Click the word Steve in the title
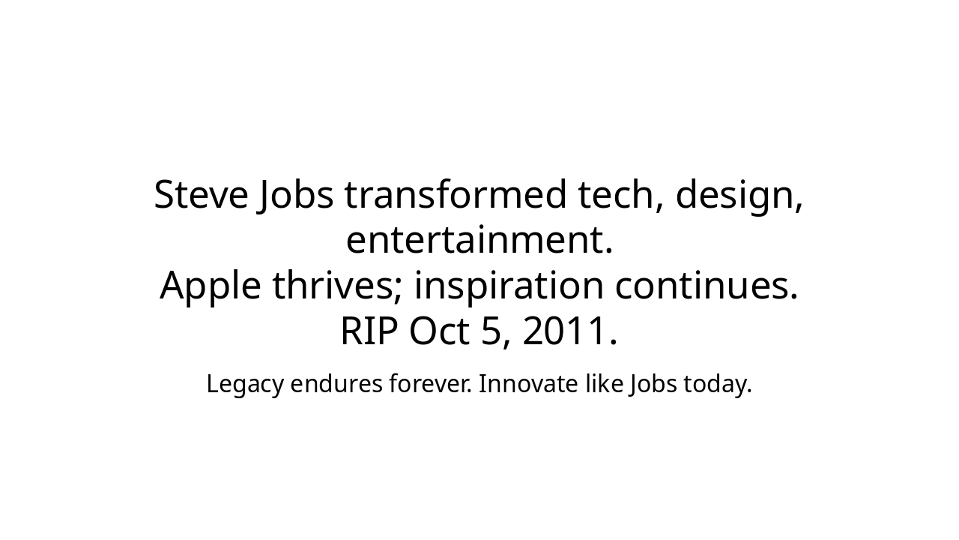coord(201,196)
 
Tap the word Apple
coord(211,287)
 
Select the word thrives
coord(337,286)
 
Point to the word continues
coord(707,286)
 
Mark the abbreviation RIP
coord(369,331)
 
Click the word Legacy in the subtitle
coord(245,385)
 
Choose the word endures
coord(336,384)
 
